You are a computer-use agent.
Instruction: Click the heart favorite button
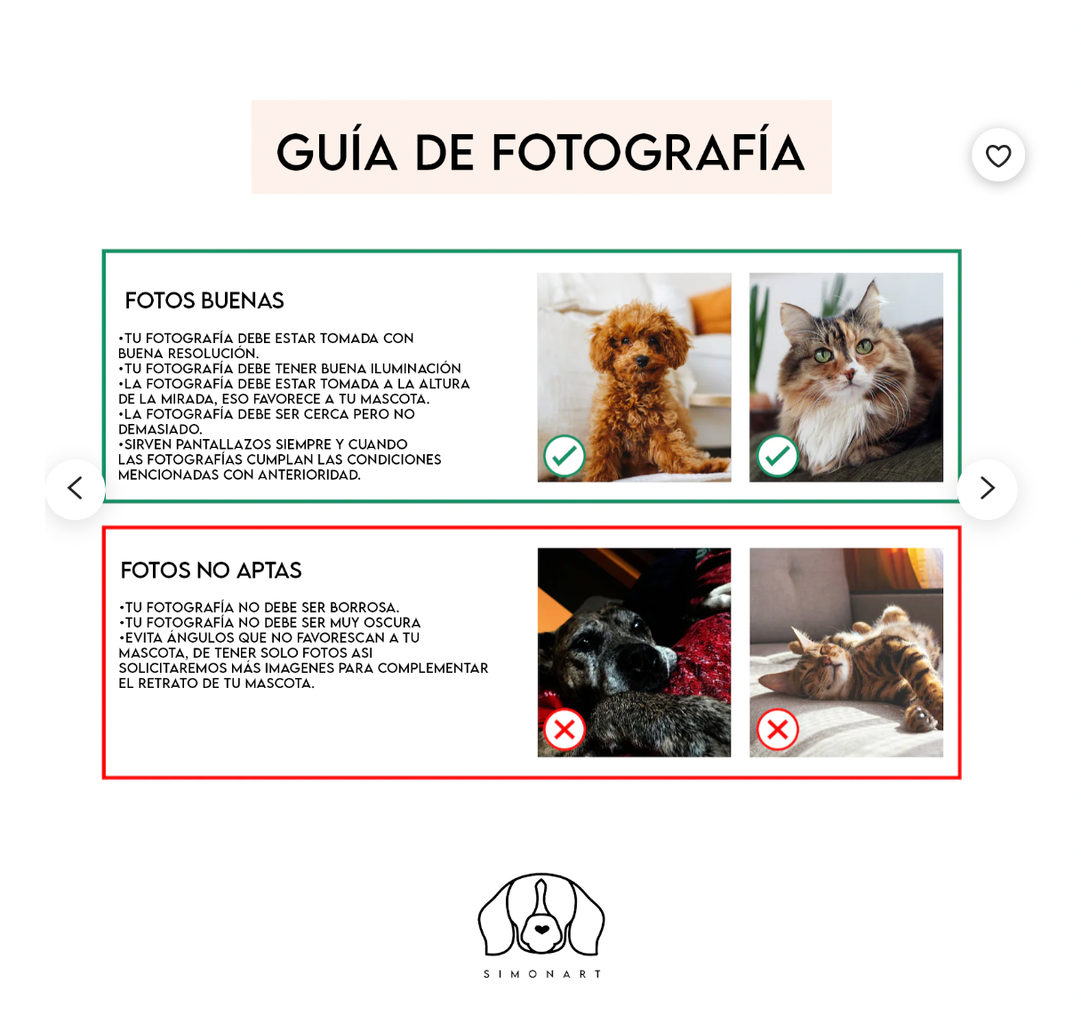pyautogui.click(x=998, y=156)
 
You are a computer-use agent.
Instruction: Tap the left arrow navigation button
pyautogui.click(x=76, y=488)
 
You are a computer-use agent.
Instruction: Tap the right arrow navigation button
pyautogui.click(x=987, y=488)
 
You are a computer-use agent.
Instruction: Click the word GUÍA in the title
pyautogui.click(x=337, y=152)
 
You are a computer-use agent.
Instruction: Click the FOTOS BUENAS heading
pyautogui.click(x=204, y=300)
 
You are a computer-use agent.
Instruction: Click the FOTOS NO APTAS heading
pyautogui.click(x=212, y=571)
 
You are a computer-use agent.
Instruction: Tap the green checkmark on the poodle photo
pyautogui.click(x=565, y=456)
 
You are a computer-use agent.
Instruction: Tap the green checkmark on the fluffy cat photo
pyautogui.click(x=778, y=456)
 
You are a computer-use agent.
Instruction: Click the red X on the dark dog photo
pyautogui.click(x=565, y=730)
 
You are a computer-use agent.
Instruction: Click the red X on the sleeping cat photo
pyautogui.click(x=778, y=730)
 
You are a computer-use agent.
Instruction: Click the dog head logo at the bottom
pyautogui.click(x=541, y=915)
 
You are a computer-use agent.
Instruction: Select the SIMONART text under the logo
pyautogui.click(x=541, y=974)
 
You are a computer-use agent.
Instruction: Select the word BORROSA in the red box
pyautogui.click(x=364, y=608)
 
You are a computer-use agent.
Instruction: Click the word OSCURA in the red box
pyautogui.click(x=392, y=623)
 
